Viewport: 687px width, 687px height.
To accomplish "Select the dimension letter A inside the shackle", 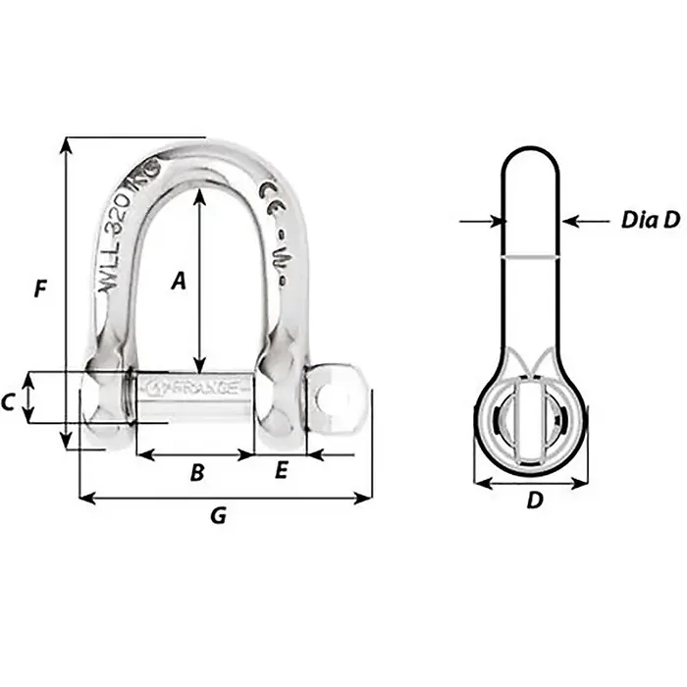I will pos(178,282).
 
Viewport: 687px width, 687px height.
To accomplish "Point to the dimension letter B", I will pos(196,473).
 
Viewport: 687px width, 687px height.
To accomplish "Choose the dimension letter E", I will pos(281,472).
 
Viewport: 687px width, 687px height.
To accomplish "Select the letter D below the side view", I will pos(534,501).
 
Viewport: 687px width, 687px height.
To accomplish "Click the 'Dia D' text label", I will pos(650,221).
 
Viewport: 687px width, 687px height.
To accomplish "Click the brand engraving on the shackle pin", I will pos(196,388).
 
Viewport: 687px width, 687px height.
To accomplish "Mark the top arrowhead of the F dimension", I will pos(66,143).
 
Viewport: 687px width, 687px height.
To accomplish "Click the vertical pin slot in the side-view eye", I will pos(531,422).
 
